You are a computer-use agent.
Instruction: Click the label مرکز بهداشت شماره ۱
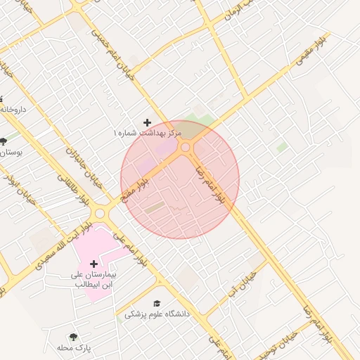pyautogui.click(x=147, y=133)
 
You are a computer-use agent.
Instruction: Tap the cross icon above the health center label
pyautogui.click(x=147, y=122)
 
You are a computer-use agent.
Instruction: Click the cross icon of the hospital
pyautogui.click(x=94, y=264)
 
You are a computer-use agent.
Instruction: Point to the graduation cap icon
pyautogui.click(x=156, y=303)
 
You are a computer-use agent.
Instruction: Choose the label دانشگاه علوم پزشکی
pyautogui.click(x=157, y=314)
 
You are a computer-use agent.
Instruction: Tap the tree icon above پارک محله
pyautogui.click(x=74, y=337)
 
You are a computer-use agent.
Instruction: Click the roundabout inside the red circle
pyautogui.click(x=186, y=148)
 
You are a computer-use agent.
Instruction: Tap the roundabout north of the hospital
pyautogui.click(x=100, y=213)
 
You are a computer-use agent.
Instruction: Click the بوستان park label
pyautogui.click(x=11, y=152)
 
